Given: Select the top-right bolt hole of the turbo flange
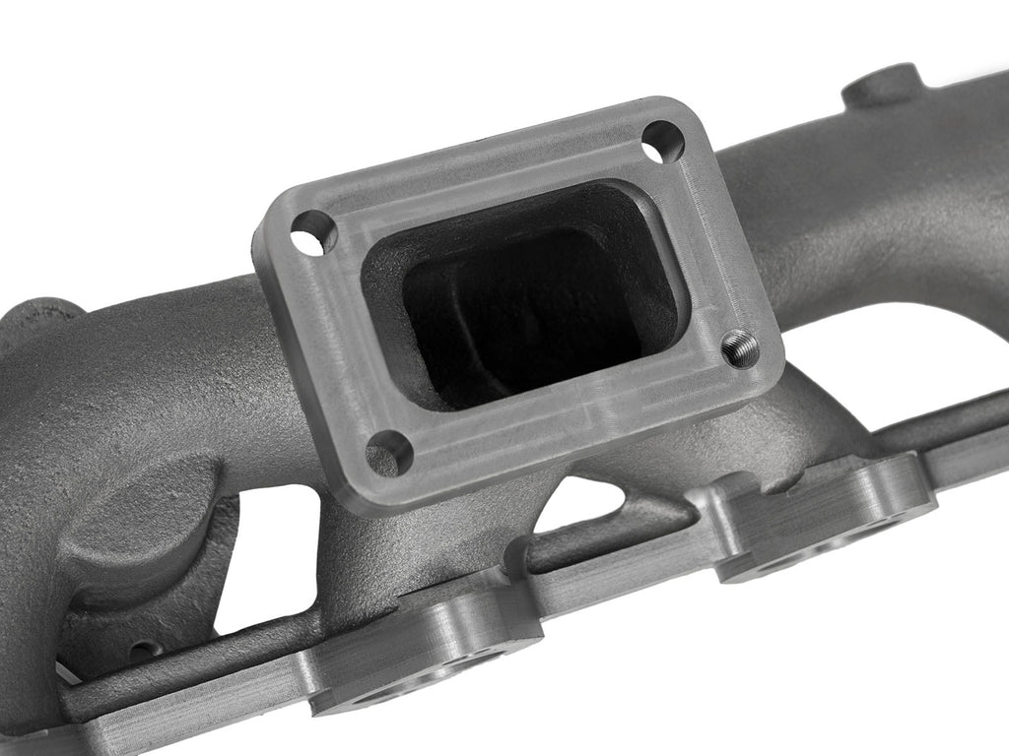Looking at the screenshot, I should point(662,142).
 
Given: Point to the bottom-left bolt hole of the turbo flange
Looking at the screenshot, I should point(389,453).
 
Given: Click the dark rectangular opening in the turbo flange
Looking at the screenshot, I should point(523,294).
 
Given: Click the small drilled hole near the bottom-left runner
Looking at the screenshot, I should point(145,651).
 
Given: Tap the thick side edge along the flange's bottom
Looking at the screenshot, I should point(552,463).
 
